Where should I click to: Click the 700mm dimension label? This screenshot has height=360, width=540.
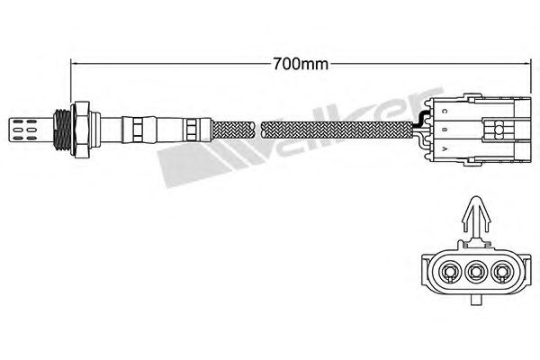click(x=301, y=64)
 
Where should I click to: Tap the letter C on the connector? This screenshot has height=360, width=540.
click(x=445, y=112)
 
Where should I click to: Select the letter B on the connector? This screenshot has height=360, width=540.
click(x=445, y=130)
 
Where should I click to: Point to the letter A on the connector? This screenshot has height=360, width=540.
click(x=445, y=149)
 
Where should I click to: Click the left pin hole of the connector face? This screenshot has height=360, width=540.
click(x=449, y=273)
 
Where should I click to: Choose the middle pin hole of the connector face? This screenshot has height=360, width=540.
click(x=475, y=273)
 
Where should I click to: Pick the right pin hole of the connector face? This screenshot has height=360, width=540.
click(x=501, y=273)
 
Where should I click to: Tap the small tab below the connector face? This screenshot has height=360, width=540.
click(x=475, y=300)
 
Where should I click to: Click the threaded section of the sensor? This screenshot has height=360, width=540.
click(x=62, y=130)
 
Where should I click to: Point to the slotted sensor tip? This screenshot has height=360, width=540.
click(x=31, y=130)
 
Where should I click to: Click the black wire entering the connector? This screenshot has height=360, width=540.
click(x=420, y=120)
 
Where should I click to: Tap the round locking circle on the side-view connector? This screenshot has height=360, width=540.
click(x=499, y=130)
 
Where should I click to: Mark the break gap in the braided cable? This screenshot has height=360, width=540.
click(x=258, y=130)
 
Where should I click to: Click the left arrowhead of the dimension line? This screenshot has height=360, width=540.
click(x=75, y=64)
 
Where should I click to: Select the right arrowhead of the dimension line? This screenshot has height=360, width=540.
click(x=526, y=64)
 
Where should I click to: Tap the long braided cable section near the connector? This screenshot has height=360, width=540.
click(x=337, y=130)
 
